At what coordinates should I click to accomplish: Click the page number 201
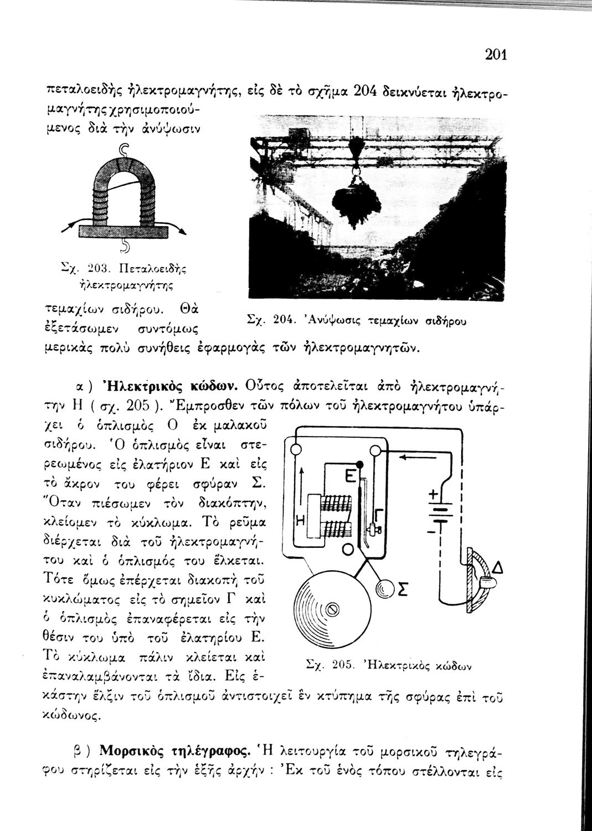point(496,54)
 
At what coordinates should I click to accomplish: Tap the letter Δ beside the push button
point(498,567)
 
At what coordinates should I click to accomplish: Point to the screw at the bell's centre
point(332,609)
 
